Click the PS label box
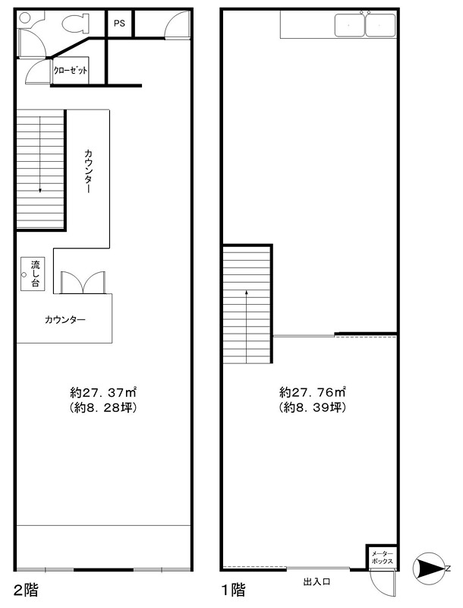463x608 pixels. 120,24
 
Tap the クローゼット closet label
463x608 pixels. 71,71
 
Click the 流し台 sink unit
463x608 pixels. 33,274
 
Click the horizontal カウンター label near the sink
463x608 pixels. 65,320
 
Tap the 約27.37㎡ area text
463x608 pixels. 103,392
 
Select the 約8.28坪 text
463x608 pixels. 103,408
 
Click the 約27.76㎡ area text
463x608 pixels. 313,392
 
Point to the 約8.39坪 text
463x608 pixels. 313,408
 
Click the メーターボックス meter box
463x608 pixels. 382,557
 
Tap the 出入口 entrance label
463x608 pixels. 317,581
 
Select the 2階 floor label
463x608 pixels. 26,591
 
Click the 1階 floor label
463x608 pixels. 233,591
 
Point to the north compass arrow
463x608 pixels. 430,569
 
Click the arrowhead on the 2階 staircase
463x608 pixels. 40,190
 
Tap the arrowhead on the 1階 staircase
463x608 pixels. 246,293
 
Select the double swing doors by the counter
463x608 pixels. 83,282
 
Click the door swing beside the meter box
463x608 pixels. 382,584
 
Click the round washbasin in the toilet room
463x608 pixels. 24,17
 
